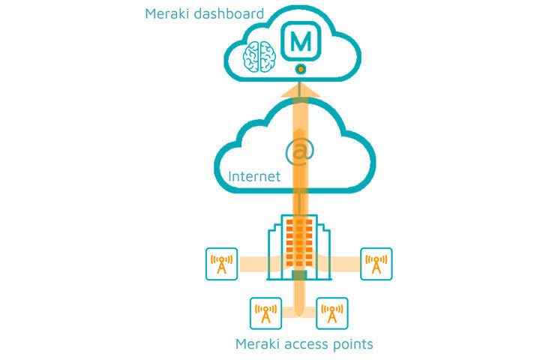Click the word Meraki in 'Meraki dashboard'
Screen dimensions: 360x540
tap(166, 13)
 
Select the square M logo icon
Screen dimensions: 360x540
tap(300, 41)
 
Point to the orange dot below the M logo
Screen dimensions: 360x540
tap(300, 69)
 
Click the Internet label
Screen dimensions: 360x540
tap(254, 177)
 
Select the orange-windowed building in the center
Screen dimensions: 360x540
tap(299, 247)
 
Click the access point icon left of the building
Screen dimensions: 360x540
tap(221, 264)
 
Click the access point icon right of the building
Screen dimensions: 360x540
tap(376, 264)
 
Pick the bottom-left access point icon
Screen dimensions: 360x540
tap(265, 313)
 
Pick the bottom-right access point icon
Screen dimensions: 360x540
tap(331, 313)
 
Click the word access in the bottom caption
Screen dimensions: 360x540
tap(310, 344)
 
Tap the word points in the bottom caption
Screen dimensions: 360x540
tap(354, 344)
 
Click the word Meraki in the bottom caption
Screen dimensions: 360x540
tap(259, 344)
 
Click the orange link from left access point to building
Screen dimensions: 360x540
tap(255, 263)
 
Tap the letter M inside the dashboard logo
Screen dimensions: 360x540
tap(300, 41)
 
